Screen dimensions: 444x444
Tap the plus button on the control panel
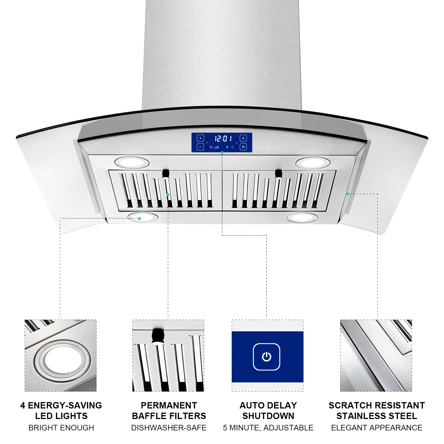coord(200,138)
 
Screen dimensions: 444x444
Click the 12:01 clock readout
coord(223,138)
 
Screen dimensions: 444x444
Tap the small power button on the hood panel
coord(243,147)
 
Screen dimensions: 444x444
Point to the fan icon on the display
coord(211,147)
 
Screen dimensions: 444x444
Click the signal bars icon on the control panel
coord(217,147)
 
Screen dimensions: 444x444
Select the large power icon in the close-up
coord(266,357)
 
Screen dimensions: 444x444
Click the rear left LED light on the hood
coord(132,162)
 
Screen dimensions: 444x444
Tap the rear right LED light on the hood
coord(313,163)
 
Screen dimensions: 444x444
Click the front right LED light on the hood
coord(302,218)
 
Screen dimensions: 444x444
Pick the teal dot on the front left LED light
coord(139,218)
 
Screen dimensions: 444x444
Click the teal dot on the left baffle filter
coord(168,195)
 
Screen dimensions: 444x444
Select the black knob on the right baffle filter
coord(278,173)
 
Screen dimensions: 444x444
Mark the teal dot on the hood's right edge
coord(347,194)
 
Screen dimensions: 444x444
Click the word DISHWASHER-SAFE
coord(169,428)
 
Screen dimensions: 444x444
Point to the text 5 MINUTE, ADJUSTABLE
coord(268,428)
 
